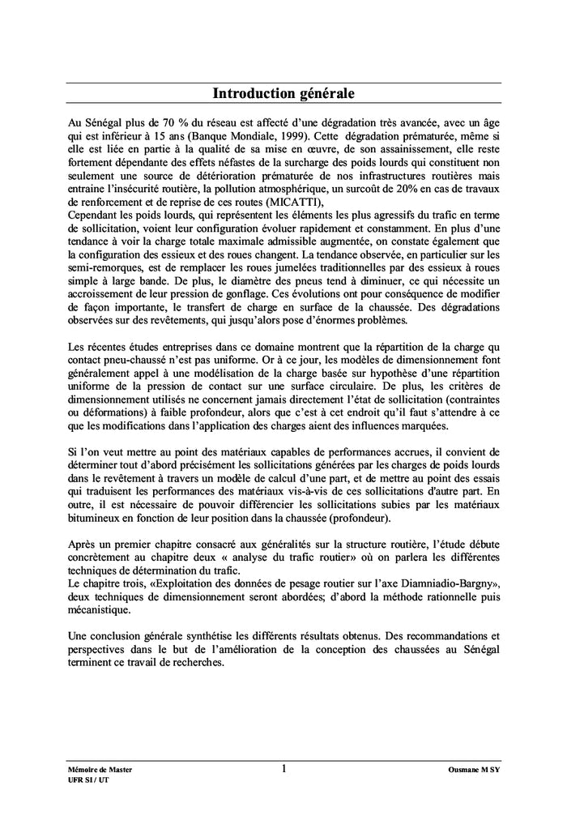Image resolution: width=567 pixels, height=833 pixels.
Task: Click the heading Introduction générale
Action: [283, 94]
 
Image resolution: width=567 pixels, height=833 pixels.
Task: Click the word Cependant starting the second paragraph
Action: [97, 216]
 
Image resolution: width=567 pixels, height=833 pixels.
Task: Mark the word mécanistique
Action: [99, 609]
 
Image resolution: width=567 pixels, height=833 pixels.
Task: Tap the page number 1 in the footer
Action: [283, 767]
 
